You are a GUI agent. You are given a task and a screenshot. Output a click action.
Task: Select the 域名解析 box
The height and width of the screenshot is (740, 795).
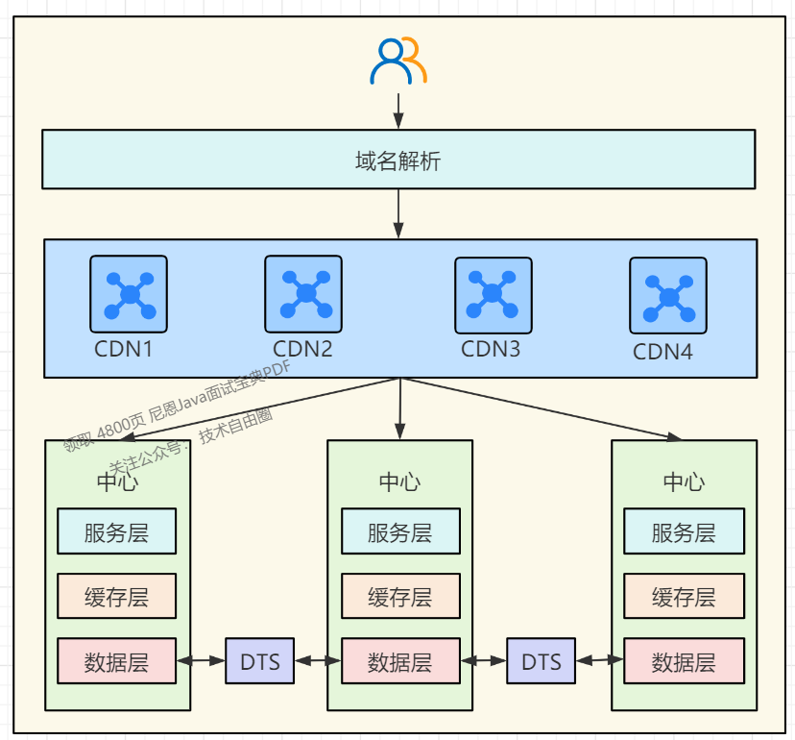[x=397, y=160]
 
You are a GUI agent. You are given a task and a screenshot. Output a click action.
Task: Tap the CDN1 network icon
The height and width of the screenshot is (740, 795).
[x=129, y=292]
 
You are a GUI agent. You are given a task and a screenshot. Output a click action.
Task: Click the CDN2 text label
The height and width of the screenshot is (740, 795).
[x=302, y=349]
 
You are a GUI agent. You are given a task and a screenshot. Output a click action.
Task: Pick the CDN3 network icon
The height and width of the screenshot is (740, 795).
[x=493, y=293]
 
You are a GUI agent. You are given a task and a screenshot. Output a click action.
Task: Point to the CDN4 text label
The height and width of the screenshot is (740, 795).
[x=662, y=352]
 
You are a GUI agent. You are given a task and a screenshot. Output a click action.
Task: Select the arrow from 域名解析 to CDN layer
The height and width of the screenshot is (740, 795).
[x=398, y=212]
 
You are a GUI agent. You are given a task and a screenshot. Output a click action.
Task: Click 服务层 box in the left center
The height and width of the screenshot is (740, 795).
[x=116, y=531]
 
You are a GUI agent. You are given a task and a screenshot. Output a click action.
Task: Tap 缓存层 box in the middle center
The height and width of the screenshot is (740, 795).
[x=400, y=597]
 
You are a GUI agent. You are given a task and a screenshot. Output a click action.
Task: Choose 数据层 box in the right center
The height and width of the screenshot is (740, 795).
[x=684, y=661]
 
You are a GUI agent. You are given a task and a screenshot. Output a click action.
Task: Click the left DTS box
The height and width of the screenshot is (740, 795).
[x=259, y=661]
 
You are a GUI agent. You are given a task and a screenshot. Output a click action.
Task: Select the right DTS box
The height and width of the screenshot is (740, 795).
[x=541, y=661]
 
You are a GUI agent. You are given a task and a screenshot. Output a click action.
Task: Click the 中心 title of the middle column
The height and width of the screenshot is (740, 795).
[x=399, y=481]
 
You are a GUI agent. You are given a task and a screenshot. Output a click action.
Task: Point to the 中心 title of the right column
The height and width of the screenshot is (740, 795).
[x=684, y=481]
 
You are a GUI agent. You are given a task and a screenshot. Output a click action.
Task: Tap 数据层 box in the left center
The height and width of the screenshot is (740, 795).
[x=116, y=661]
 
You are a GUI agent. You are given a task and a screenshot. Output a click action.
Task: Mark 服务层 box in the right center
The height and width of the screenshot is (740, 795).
[x=684, y=531]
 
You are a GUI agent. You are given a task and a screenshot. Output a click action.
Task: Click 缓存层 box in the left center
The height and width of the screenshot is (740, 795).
[x=116, y=597]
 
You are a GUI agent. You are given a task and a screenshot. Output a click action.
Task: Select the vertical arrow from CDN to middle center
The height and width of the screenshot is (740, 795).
[x=399, y=408]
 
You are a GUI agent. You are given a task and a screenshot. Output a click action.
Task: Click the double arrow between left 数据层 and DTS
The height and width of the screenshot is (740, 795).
[x=201, y=661]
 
